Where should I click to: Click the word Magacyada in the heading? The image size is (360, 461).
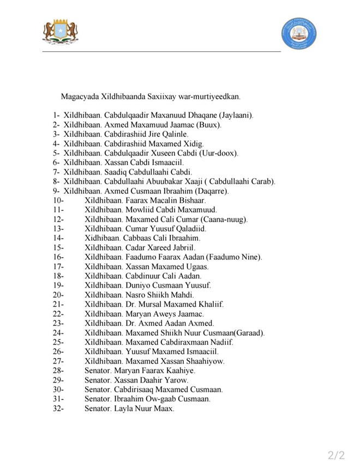[80, 97]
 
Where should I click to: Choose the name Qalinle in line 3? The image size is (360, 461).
[171, 134]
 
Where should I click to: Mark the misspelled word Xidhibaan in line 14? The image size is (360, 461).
[102, 238]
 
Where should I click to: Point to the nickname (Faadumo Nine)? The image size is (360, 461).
[235, 257]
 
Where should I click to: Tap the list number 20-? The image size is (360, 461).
[59, 295]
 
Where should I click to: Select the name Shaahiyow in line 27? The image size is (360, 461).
[205, 361]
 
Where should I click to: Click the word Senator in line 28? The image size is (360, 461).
[98, 371]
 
